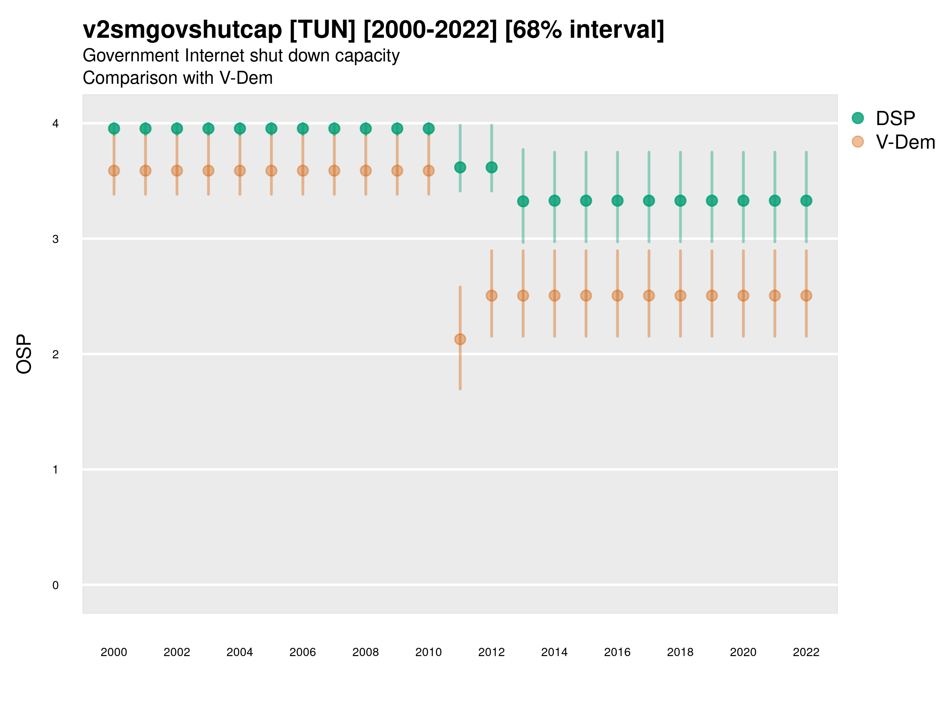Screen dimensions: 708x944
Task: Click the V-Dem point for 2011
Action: tap(460, 339)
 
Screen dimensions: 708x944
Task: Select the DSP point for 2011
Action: tap(460, 167)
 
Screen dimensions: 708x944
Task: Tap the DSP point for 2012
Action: tap(492, 167)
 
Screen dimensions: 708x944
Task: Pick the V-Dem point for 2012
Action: tap(492, 295)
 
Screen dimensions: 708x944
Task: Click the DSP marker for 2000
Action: tap(114, 129)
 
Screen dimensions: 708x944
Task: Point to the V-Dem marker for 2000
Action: tap(114, 171)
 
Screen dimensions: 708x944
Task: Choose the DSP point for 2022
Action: tap(806, 201)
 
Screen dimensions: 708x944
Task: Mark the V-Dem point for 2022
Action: tap(806, 295)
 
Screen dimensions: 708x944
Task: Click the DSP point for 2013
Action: tap(523, 201)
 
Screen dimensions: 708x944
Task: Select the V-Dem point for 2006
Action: tap(302, 171)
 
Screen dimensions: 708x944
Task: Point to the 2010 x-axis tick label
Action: tap(428, 652)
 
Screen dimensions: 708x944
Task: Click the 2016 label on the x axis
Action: tap(617, 652)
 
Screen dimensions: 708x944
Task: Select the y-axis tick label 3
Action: tap(55, 239)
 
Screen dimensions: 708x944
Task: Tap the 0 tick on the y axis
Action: tap(55, 585)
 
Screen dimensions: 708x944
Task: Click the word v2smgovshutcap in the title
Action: tap(182, 30)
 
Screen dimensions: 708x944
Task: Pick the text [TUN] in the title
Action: tap(322, 30)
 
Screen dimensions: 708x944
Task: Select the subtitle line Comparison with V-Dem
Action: tap(177, 78)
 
